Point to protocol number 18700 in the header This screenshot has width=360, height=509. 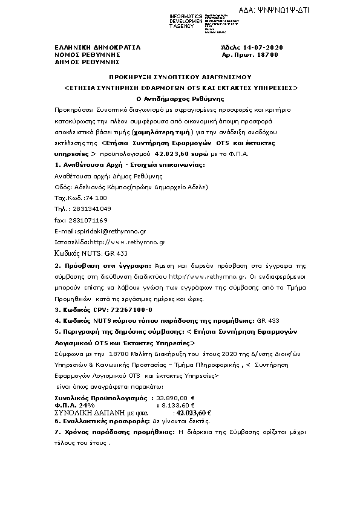click(x=267, y=54)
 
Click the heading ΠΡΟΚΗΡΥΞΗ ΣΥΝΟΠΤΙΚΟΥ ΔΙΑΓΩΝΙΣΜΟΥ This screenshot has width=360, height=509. click(x=180, y=77)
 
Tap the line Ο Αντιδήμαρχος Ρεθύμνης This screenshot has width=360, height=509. click(x=180, y=97)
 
